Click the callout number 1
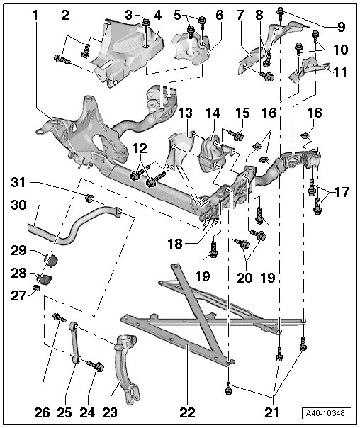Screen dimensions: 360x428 pyautogui.click(x=35, y=16)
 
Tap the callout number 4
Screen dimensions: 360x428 pyautogui.click(x=157, y=16)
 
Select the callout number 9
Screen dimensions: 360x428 pyautogui.click(x=341, y=27)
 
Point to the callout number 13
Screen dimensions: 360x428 pyautogui.click(x=186, y=113)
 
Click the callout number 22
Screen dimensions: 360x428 pyautogui.click(x=187, y=412)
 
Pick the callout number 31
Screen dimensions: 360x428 pyautogui.click(x=18, y=182)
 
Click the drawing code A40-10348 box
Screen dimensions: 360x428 pyautogui.click(x=327, y=413)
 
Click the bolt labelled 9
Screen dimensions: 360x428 pyautogui.click(x=280, y=13)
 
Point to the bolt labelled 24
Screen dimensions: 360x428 pyautogui.click(x=95, y=366)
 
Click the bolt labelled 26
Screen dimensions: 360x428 pyautogui.click(x=60, y=317)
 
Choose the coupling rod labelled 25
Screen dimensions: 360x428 pyautogui.click(x=75, y=343)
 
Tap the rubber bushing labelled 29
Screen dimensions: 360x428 pyautogui.click(x=51, y=259)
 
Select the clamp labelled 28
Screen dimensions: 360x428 pyautogui.click(x=45, y=279)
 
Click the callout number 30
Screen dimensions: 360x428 pyautogui.click(x=18, y=205)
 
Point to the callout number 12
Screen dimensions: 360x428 pyautogui.click(x=140, y=149)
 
